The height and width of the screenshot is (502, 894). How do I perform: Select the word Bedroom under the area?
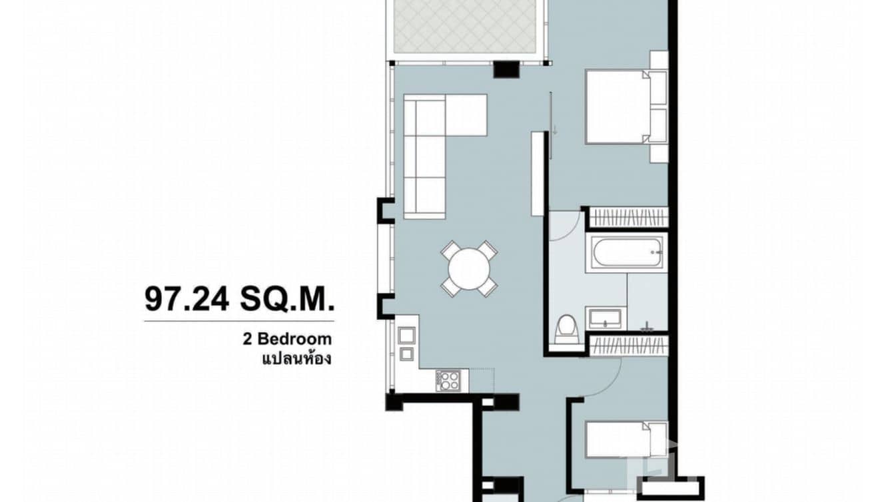[x=294, y=340]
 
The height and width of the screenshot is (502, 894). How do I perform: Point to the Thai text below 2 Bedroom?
[x=296, y=359]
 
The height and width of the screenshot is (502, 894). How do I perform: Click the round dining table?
[x=469, y=268]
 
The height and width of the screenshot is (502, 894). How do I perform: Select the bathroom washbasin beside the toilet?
[x=605, y=318]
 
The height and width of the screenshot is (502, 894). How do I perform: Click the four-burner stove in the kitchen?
[x=448, y=380]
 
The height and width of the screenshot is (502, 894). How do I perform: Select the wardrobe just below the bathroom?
[x=629, y=346]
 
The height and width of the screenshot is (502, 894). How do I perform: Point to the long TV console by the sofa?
[x=538, y=173]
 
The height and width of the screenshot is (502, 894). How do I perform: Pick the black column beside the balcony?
[x=506, y=69]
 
